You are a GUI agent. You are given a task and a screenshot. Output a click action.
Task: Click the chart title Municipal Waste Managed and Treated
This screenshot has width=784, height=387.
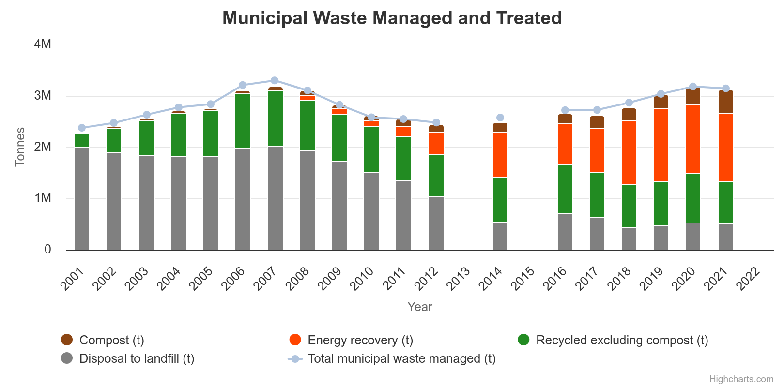click(x=392, y=18)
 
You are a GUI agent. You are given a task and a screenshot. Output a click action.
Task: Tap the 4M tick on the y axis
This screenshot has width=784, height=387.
click(x=43, y=45)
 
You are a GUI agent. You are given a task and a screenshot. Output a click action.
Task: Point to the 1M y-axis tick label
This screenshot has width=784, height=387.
click(x=43, y=198)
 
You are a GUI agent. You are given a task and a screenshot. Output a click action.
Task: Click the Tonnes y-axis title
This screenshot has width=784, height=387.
click(x=20, y=147)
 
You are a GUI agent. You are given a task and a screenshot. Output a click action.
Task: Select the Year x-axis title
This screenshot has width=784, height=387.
click(x=419, y=307)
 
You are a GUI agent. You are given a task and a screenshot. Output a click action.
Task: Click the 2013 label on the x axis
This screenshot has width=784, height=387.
click(x=458, y=279)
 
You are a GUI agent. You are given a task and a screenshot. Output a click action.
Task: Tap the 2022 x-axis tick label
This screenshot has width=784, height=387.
click(x=748, y=279)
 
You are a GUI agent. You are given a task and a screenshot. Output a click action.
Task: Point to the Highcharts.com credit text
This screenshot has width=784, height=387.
click(x=741, y=379)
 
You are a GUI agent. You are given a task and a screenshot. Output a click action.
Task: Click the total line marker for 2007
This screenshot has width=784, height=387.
click(x=275, y=80)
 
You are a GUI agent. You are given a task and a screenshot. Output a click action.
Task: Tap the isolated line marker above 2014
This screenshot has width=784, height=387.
click(x=500, y=118)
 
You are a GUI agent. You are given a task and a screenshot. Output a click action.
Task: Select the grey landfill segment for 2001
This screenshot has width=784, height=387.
click(x=82, y=198)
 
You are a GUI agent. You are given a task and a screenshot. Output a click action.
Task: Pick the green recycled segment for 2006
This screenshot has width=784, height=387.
click(x=243, y=121)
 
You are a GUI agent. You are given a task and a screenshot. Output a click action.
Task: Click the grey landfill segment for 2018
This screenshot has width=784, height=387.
click(x=629, y=238)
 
